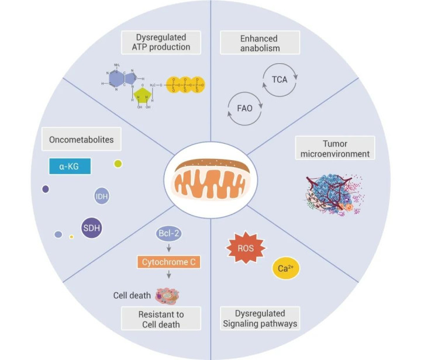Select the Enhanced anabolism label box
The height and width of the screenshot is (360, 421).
coord(260,42)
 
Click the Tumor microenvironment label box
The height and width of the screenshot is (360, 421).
coord(334,148)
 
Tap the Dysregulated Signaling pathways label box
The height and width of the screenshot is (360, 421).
coord(260,319)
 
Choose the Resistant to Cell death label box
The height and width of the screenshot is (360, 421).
coord(160,319)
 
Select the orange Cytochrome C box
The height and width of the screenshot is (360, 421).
coord(170,262)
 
